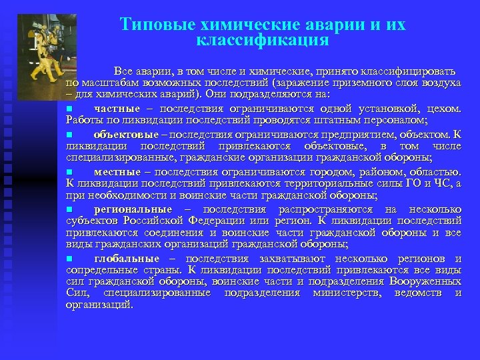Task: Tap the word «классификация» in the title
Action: pos(263,41)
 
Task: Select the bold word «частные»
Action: pos(117,109)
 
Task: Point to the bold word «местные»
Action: pos(117,171)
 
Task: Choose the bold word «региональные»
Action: pos(133,209)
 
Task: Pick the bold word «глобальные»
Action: pos(127,259)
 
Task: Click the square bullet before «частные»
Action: pos(69,109)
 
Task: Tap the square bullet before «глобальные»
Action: pos(69,259)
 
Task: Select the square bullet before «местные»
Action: pos(69,171)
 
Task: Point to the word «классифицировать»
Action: pos(408,71)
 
